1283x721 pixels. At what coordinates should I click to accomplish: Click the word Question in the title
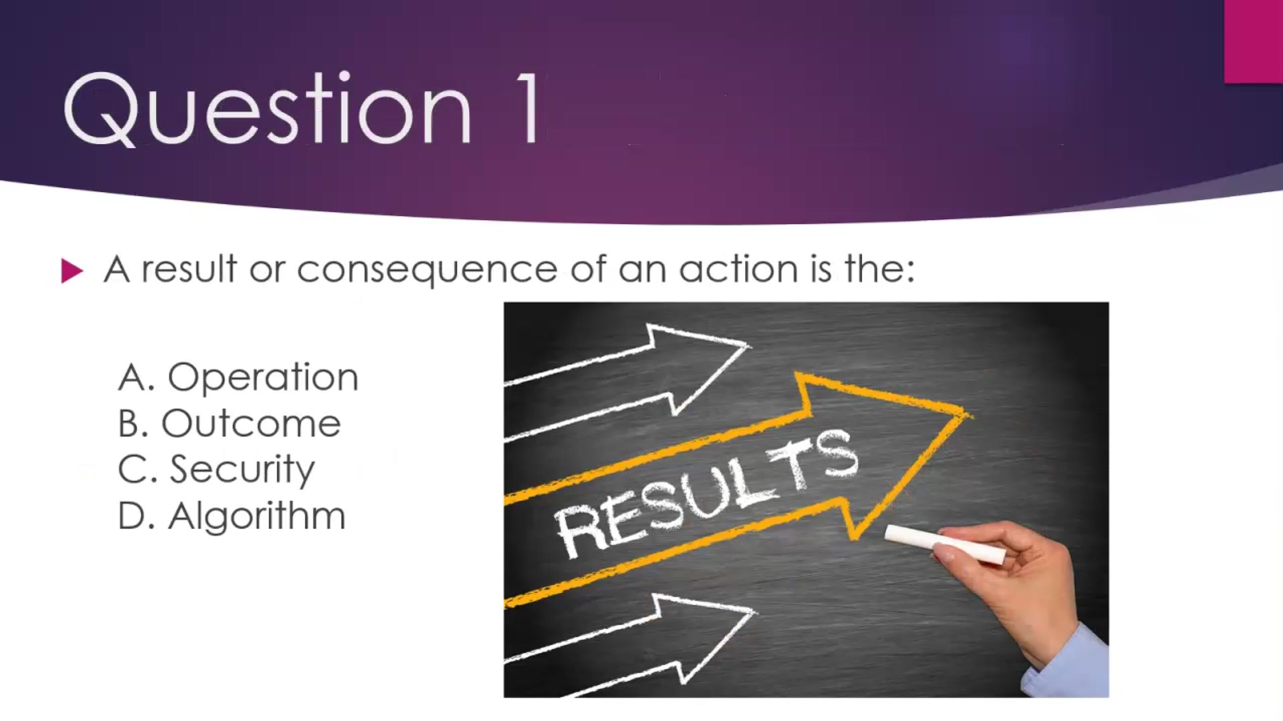[267, 109]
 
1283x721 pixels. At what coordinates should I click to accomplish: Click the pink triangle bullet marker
[72, 270]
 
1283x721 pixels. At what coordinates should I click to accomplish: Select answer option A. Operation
[238, 377]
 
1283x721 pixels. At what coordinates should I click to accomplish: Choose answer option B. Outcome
[229, 423]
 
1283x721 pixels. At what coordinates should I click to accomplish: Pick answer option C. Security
[216, 469]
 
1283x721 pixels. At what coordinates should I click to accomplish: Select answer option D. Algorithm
[231, 516]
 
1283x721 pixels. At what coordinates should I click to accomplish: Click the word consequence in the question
[427, 270]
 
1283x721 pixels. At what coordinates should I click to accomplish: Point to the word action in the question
[738, 269]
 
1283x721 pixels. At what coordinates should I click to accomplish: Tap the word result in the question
[189, 269]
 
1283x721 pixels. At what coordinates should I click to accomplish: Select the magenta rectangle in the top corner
[1254, 41]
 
